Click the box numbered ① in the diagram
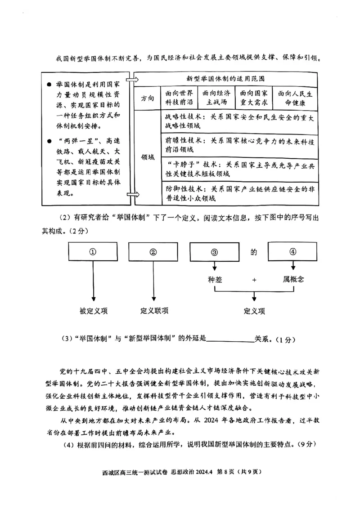93,252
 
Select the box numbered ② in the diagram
153,252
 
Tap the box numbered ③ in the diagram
214,252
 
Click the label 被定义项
94,311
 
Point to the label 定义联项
154,311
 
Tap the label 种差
215,279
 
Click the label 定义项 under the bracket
254,311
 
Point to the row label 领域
147,157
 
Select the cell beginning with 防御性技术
238,193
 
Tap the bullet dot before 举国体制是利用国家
48,85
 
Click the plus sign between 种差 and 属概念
254,280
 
